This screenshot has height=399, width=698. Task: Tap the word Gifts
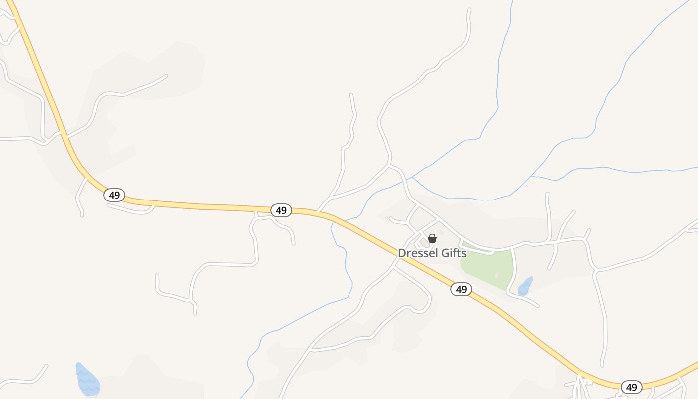pyautogui.click(x=453, y=253)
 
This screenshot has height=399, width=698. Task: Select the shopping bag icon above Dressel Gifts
pyautogui.click(x=432, y=238)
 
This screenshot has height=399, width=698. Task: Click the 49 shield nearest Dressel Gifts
pyautogui.click(x=461, y=289)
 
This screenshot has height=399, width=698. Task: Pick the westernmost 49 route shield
pyautogui.click(x=114, y=195)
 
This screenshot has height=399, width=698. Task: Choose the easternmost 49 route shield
pyautogui.click(x=632, y=387)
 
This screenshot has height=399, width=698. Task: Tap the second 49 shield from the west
pyautogui.click(x=281, y=210)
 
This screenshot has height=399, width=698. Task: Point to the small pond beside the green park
pyautogui.click(x=525, y=286)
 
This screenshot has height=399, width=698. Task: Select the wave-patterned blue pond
pyautogui.click(x=87, y=379)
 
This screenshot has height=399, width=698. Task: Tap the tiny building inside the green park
pyautogui.click(x=496, y=276)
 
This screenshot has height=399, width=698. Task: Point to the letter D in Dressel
pyautogui.click(x=401, y=253)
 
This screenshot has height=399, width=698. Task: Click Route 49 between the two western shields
pyautogui.click(x=199, y=205)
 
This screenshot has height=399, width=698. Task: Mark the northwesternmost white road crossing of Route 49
pyautogui.click(x=63, y=134)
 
